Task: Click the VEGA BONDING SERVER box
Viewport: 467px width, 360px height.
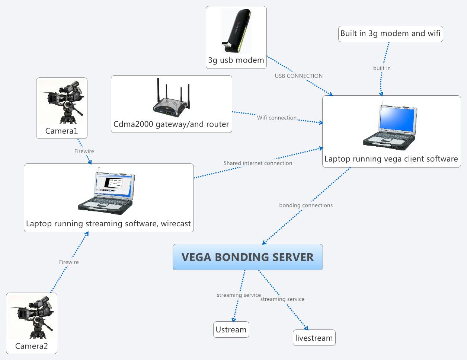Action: tap(247, 257)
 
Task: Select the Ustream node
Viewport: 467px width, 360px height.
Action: tap(231, 329)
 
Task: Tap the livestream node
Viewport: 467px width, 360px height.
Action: tap(314, 338)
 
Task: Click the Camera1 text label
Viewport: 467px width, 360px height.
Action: tap(61, 131)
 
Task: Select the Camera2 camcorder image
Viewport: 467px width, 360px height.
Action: tap(32, 316)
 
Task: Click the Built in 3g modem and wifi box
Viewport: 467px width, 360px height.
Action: tap(390, 34)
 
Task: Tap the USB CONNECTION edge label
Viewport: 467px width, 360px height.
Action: tap(298, 76)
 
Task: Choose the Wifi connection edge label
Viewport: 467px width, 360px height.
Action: tap(276, 118)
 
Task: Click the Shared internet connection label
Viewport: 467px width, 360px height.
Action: tap(258, 163)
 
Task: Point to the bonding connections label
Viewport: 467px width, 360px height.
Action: tap(306, 206)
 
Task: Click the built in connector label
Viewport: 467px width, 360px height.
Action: tap(382, 68)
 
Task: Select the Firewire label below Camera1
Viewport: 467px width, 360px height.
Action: tap(84, 151)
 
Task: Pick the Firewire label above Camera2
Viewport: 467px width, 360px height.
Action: tap(69, 262)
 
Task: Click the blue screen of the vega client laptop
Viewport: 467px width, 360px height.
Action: tap(397, 119)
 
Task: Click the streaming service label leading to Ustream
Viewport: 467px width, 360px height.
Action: tap(239, 295)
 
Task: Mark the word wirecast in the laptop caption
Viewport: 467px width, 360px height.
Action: tap(176, 224)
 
